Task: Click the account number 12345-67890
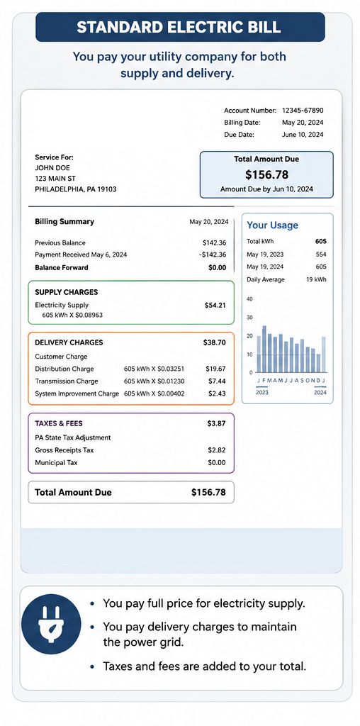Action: (303, 110)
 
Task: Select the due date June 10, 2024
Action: (303, 135)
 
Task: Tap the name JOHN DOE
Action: (52, 167)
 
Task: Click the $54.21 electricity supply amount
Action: (215, 305)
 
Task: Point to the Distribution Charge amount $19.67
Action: (215, 369)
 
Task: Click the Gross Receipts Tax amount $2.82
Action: (217, 450)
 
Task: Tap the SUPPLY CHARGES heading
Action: (66, 293)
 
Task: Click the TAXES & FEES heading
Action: (59, 423)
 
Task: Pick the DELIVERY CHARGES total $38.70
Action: (215, 342)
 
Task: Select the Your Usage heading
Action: (273, 225)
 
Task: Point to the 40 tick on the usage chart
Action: (250, 299)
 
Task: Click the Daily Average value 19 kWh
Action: (317, 279)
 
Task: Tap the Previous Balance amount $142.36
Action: (214, 242)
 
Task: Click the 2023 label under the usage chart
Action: (263, 393)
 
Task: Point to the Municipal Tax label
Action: (57, 462)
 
